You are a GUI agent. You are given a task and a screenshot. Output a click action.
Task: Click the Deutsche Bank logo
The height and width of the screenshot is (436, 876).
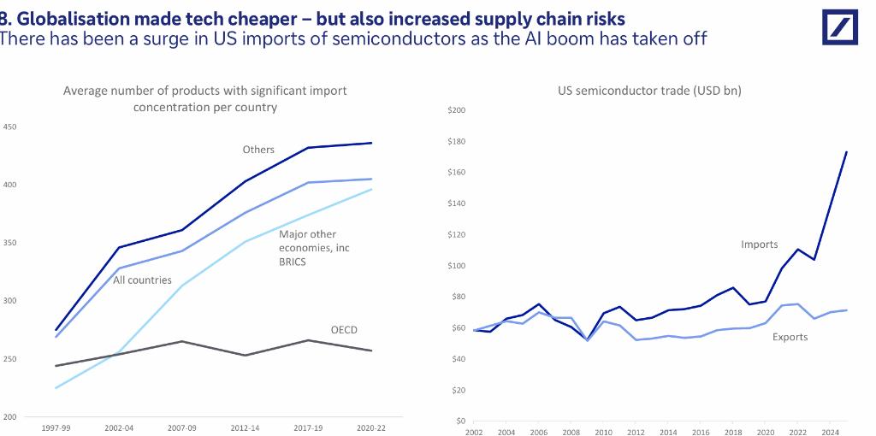(x=839, y=27)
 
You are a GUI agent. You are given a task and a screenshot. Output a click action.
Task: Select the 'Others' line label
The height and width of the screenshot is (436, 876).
(x=258, y=150)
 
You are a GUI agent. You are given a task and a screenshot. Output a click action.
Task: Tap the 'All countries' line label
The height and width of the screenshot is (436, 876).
(x=143, y=280)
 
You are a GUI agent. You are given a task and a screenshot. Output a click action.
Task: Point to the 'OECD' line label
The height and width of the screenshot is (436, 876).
(x=344, y=330)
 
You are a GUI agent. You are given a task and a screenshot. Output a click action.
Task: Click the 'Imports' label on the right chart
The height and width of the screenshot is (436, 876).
(x=760, y=245)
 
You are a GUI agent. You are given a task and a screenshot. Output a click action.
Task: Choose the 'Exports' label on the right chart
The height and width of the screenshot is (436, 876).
(x=790, y=337)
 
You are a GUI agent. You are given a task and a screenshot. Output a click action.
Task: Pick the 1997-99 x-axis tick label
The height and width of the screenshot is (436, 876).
(x=55, y=429)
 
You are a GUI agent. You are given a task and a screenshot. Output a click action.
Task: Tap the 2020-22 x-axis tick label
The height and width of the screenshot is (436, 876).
(x=371, y=429)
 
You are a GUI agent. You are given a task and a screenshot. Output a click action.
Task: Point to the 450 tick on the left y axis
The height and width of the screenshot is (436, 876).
(x=10, y=127)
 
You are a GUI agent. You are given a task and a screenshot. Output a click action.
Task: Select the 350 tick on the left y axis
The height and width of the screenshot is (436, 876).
(x=10, y=243)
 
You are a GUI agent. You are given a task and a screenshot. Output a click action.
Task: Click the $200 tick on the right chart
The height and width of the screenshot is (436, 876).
(x=457, y=110)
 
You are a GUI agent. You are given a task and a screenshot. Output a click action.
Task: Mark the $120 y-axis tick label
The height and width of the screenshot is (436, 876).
(x=457, y=234)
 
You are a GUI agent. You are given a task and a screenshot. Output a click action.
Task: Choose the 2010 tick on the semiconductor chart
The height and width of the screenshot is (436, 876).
(x=603, y=432)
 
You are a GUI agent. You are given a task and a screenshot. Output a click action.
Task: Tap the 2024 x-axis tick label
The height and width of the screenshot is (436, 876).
(x=830, y=432)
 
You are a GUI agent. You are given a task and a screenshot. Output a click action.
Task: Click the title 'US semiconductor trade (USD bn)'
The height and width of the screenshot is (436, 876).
(x=649, y=91)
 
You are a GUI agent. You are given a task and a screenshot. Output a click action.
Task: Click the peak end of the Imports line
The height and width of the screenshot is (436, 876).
(x=847, y=151)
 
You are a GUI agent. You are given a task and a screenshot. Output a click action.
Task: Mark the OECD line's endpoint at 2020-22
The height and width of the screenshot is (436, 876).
(x=371, y=351)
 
